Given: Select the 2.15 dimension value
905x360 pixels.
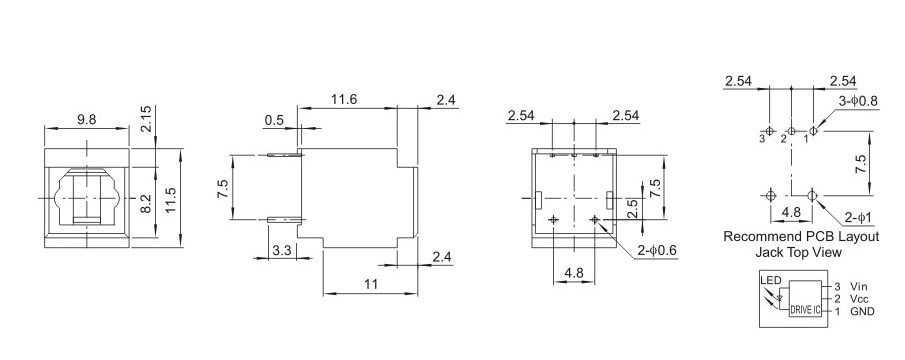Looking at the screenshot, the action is pos(146,119).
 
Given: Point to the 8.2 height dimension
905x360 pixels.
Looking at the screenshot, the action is pos(146,203).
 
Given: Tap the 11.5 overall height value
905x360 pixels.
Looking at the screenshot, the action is pos(171,200).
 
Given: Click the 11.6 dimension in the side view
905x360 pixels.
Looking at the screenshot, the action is pos(344,99).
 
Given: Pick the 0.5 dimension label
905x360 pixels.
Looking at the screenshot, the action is pos(274,120).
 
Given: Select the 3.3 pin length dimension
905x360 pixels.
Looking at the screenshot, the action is pos(281,250).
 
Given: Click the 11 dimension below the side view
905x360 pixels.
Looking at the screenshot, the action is pos(371,284).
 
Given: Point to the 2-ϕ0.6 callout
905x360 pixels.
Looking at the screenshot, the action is pos(657,250).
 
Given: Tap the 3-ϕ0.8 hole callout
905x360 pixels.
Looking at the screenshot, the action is pos(858,101).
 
